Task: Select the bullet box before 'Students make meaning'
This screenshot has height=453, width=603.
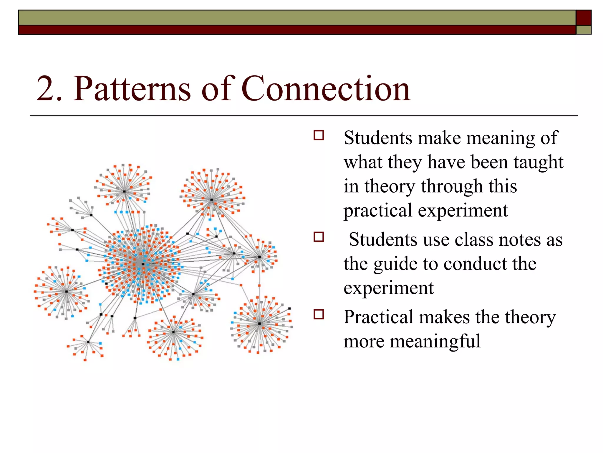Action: tap(319, 135)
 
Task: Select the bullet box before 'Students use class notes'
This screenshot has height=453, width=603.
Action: tap(319, 237)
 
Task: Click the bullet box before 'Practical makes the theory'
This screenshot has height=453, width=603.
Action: tap(319, 315)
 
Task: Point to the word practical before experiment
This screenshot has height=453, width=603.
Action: tap(378, 211)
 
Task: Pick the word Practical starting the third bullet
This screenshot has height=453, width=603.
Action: tap(377, 317)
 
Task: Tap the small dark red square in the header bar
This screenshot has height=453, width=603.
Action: tap(583, 18)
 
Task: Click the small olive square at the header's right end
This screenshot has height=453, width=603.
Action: tap(583, 30)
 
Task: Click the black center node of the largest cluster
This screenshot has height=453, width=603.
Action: tap(143, 264)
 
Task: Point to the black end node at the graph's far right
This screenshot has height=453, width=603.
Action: tap(289, 308)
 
